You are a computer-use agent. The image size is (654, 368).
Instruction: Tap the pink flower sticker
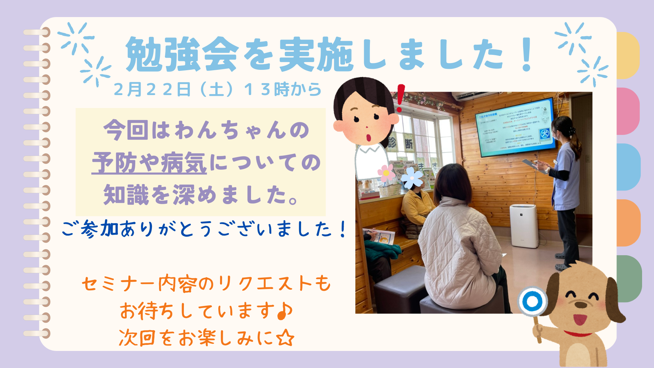(x=386, y=173)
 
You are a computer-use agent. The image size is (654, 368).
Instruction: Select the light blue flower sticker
(x=411, y=178)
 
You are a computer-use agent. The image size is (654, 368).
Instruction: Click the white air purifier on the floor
(x=524, y=226)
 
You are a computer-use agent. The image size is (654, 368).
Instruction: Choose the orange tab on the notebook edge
(x=628, y=223)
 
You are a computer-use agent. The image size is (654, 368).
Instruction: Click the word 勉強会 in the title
(x=182, y=55)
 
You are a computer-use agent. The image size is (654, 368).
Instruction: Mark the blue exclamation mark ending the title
(x=527, y=55)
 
